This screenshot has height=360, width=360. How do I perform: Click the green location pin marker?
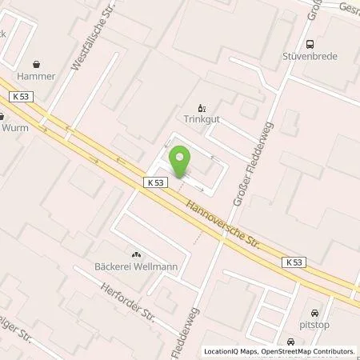point(180,162)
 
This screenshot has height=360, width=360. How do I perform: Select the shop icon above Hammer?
point(37,63)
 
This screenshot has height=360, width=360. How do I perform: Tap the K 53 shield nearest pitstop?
point(294,262)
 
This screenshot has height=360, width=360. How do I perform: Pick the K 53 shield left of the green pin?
point(155,182)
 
